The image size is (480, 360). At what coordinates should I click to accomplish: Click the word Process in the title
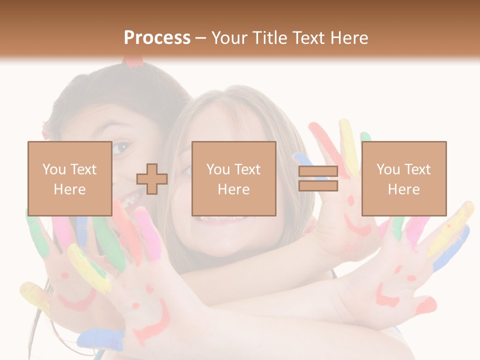click(157, 38)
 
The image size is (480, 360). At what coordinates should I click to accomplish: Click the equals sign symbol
click(318, 178)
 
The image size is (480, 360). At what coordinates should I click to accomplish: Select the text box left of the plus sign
click(69, 178)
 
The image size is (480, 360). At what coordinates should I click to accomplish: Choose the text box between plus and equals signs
click(233, 178)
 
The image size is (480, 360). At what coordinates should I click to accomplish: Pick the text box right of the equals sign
click(403, 178)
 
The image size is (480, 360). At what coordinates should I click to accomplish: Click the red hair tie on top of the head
click(133, 61)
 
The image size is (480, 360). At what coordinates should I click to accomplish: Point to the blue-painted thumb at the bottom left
click(102, 340)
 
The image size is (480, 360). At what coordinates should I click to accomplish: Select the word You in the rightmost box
click(387, 169)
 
